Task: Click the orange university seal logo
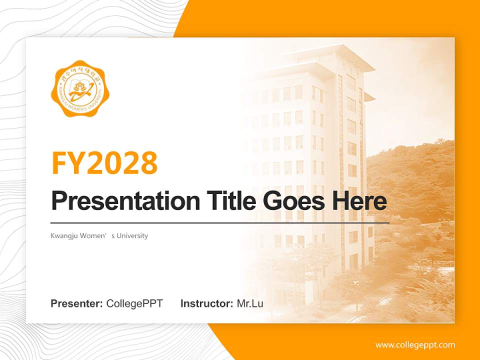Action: click(x=80, y=88)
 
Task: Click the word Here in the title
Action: click(x=359, y=201)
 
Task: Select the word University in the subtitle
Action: click(x=132, y=235)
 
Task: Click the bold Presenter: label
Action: click(x=77, y=303)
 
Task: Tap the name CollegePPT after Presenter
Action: click(x=134, y=303)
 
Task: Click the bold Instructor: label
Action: click(x=207, y=303)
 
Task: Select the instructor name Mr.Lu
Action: click(x=250, y=303)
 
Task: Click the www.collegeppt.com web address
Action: click(x=415, y=344)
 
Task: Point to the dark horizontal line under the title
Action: click(x=220, y=222)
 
